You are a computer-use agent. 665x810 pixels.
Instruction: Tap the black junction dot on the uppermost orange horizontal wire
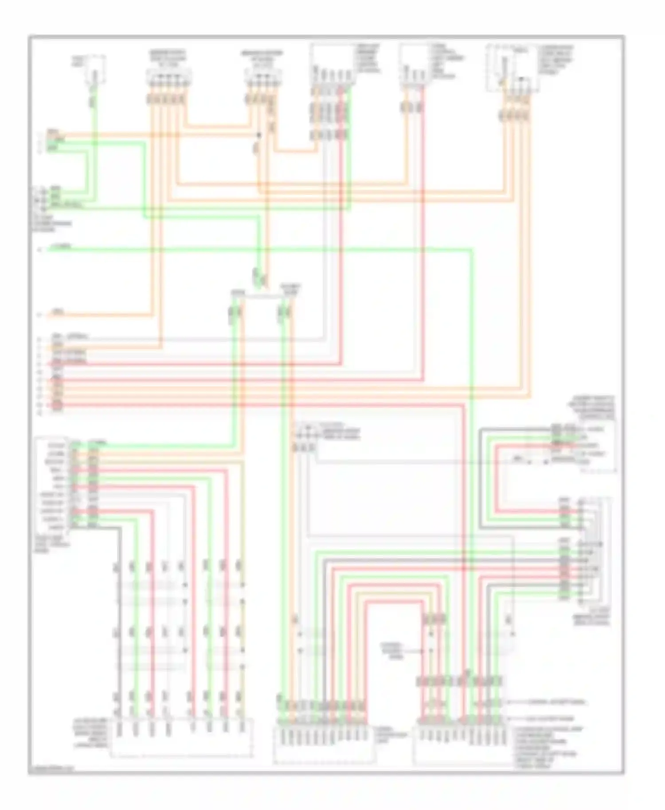[x=259, y=135]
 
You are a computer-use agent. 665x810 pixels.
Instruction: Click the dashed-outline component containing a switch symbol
[x=513, y=69]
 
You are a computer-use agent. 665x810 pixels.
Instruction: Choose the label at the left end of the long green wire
[x=59, y=247]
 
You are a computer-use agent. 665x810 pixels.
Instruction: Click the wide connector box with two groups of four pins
[x=181, y=738]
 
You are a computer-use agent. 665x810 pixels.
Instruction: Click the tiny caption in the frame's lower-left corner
[x=51, y=769]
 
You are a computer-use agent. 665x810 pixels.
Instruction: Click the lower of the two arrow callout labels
[x=550, y=718]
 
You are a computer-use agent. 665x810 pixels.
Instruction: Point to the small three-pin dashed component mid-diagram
[x=305, y=431]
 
